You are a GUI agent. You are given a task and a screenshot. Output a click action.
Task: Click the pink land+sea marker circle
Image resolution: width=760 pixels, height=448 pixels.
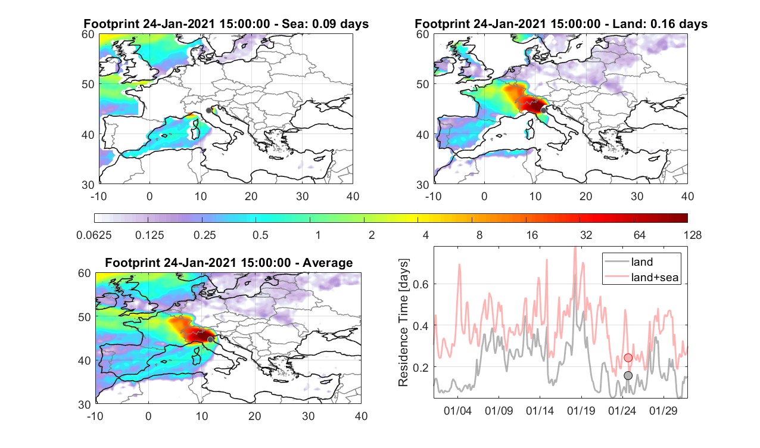pyautogui.click(x=628, y=357)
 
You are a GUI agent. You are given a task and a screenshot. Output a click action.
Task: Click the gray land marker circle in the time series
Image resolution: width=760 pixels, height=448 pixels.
pyautogui.click(x=628, y=375)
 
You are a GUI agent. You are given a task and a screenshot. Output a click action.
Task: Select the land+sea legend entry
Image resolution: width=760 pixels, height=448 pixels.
pyautogui.click(x=641, y=277)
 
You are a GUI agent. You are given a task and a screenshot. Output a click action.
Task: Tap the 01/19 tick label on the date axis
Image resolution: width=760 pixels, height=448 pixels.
pyautogui.click(x=581, y=411)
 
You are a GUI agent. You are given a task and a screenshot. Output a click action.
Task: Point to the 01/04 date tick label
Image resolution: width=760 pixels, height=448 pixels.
pyautogui.click(x=457, y=411)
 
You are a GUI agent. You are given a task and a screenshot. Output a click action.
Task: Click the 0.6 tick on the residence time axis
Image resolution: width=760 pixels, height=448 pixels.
pyautogui.click(x=421, y=284)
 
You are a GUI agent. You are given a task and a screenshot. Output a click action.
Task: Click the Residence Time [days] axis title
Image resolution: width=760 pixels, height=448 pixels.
pyautogui.click(x=403, y=322)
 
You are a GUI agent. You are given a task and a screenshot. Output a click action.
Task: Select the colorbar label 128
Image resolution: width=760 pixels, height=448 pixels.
pyautogui.click(x=693, y=235)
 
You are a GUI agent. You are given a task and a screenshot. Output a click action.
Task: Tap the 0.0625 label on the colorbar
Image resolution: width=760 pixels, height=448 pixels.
pyautogui.click(x=94, y=235)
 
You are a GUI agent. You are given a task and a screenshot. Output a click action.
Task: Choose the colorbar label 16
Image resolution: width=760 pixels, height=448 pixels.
pyautogui.click(x=532, y=235)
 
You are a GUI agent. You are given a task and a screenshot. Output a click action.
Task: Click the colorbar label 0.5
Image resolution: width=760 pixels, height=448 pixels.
pyautogui.click(x=260, y=235)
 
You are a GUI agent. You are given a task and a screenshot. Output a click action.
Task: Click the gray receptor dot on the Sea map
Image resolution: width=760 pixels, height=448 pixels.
pyautogui.click(x=208, y=110)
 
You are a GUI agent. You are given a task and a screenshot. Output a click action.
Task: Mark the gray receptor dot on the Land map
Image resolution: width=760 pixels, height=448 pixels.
pyautogui.click(x=543, y=110)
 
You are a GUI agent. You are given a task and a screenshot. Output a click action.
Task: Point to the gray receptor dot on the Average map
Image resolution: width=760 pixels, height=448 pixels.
pyautogui.click(x=210, y=340)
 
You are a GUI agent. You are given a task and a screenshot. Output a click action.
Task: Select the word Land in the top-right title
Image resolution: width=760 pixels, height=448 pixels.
pyautogui.click(x=630, y=24)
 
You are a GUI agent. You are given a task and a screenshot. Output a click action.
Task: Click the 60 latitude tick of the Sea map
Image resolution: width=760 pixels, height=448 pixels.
pyautogui.click(x=88, y=35)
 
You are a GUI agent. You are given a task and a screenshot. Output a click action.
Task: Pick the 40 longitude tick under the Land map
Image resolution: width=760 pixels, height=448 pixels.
pyautogui.click(x=687, y=196)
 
